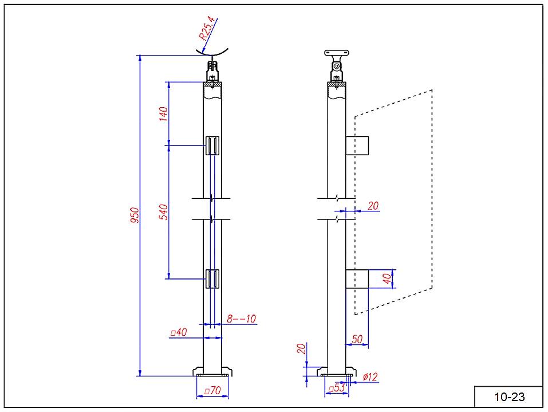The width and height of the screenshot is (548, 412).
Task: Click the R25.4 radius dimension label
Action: pyautogui.click(x=207, y=27)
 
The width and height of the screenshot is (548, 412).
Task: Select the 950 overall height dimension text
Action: pyautogui.click(x=134, y=215)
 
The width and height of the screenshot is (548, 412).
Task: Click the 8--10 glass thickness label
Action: pyautogui.click(x=241, y=319)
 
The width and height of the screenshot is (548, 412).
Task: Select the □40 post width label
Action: pyautogui.click(x=179, y=332)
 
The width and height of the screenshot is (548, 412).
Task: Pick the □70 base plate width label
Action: pyautogui.click(x=212, y=391)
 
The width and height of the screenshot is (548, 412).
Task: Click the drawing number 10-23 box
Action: pyautogui.click(x=508, y=397)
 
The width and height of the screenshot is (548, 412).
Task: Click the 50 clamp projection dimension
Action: pyautogui.click(x=357, y=340)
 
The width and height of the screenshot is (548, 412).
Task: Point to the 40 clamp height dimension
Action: pyautogui.click(x=387, y=279)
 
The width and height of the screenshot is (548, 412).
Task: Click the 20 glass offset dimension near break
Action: pyautogui.click(x=373, y=206)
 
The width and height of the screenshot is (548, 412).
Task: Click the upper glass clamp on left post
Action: pyautogui.click(x=212, y=146)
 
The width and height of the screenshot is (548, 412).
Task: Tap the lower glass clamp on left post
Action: pyautogui.click(x=212, y=278)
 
